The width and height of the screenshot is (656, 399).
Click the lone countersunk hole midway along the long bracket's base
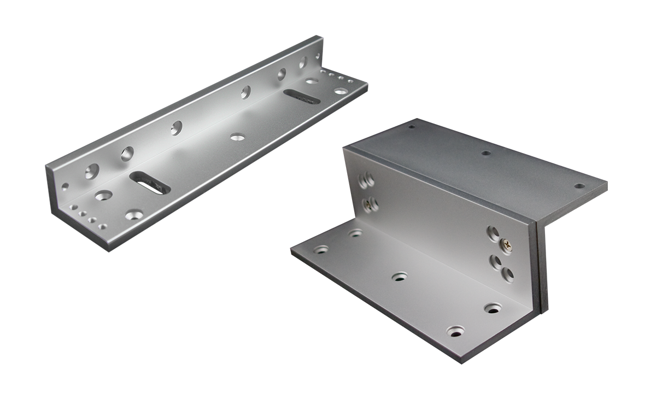point(237,136)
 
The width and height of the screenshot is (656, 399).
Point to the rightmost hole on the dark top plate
point(580,186)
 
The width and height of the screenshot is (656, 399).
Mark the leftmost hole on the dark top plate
point(411,127)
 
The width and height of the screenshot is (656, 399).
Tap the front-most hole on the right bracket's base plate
point(455,331)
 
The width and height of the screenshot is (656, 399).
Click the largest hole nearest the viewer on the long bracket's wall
point(92,172)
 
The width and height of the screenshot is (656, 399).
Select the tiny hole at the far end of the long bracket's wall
point(318,56)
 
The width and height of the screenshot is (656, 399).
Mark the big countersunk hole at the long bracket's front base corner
point(132,214)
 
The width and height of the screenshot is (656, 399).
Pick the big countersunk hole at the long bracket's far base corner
point(341,91)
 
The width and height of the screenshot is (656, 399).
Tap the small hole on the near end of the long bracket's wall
point(66,187)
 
